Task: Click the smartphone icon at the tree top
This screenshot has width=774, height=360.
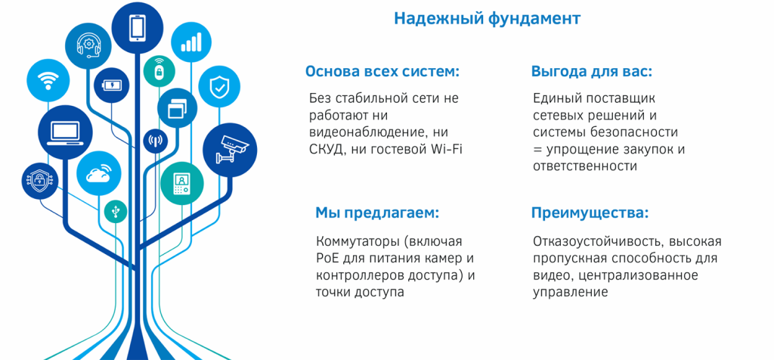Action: click(138, 28)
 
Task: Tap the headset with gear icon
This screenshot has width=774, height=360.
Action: click(88, 45)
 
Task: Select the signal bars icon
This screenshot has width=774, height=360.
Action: click(190, 42)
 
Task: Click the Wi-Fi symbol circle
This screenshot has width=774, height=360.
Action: click(48, 81)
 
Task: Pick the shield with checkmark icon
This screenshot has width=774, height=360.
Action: click(219, 87)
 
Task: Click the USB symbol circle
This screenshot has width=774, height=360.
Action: click(115, 211)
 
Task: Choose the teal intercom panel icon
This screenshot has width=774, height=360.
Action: click(181, 184)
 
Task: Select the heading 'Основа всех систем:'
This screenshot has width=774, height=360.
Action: click(382, 72)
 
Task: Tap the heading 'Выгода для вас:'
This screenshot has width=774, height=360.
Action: click(591, 72)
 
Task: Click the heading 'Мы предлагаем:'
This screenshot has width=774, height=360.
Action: click(376, 213)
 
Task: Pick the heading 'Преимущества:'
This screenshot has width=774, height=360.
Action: click(590, 213)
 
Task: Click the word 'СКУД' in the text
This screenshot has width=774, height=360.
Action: click(327, 149)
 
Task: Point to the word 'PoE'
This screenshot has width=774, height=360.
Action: click(327, 259)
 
